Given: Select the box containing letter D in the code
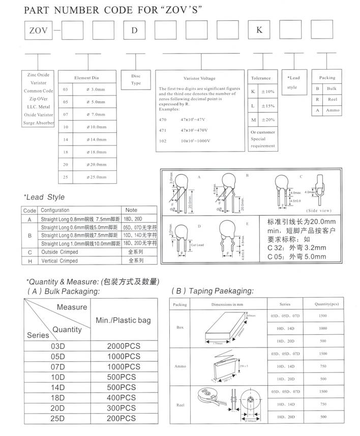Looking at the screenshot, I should coord(134,30).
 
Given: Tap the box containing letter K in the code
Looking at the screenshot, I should coord(259,30).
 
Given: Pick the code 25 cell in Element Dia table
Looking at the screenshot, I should coord(65,177).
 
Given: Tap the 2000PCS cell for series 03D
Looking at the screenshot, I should coord(124,346).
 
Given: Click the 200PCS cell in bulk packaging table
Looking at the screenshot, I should coord(124,418).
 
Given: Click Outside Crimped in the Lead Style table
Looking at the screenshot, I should coord(59,252).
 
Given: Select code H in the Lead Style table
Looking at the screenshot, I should coord(30,260).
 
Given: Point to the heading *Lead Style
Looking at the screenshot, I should coord(44,197).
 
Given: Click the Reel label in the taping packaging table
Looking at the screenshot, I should coord(180,404).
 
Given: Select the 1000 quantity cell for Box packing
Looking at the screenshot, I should coord(322,328).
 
